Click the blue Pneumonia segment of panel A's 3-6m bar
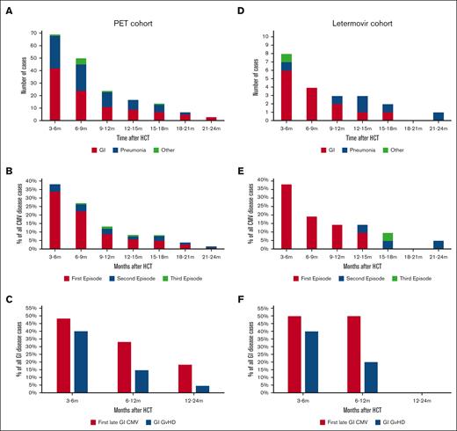pos(54,52)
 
